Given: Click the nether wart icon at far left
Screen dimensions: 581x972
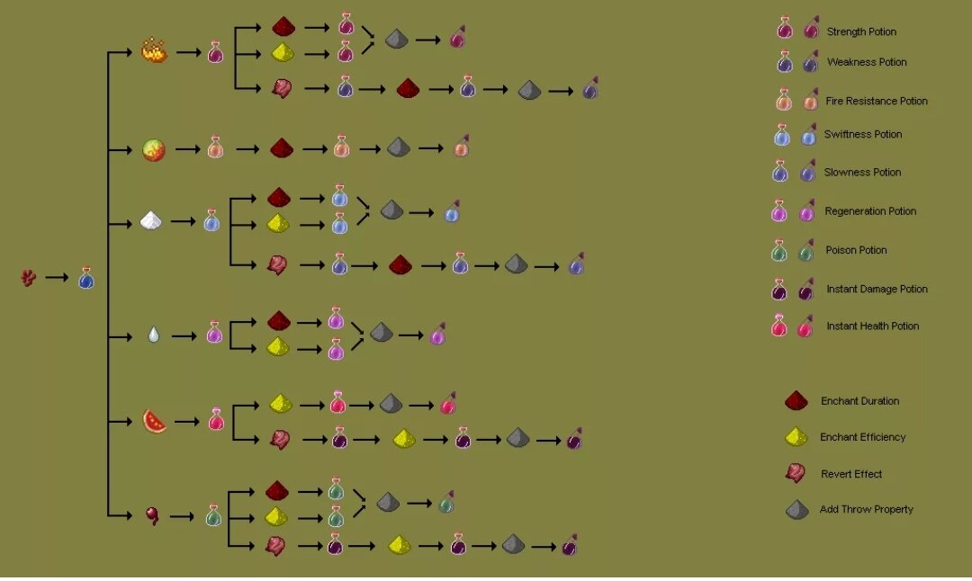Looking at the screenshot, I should point(28,278).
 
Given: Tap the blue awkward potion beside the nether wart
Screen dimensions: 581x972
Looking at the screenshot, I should point(85,278).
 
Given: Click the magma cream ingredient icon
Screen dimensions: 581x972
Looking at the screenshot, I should point(154,149).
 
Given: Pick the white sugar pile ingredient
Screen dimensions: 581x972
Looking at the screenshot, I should point(151,219).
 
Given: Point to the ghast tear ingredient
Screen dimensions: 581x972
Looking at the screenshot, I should point(153,335).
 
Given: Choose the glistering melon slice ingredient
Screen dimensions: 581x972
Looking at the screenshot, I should point(154,421).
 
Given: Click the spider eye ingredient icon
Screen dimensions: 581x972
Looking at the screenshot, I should point(152,516).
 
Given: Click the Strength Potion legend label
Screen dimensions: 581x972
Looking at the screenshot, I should point(861,31).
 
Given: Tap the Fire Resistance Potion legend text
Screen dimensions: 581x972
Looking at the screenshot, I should point(877,101).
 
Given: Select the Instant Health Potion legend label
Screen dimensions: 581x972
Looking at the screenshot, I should point(873,326).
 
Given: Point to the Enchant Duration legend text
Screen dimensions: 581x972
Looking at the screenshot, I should point(859,401).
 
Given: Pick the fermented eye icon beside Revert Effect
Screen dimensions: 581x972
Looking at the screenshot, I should point(796,474).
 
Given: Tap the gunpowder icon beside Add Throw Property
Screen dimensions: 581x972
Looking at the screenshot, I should point(796,510).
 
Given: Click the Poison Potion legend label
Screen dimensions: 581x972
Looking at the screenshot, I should point(856,250).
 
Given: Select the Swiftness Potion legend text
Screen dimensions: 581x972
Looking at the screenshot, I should point(863,134).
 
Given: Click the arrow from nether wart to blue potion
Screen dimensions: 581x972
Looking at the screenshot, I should point(57,278).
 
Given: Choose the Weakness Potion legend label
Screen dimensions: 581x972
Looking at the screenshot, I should point(867,62).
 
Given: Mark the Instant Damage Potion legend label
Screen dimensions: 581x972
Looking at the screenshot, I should point(877,289).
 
